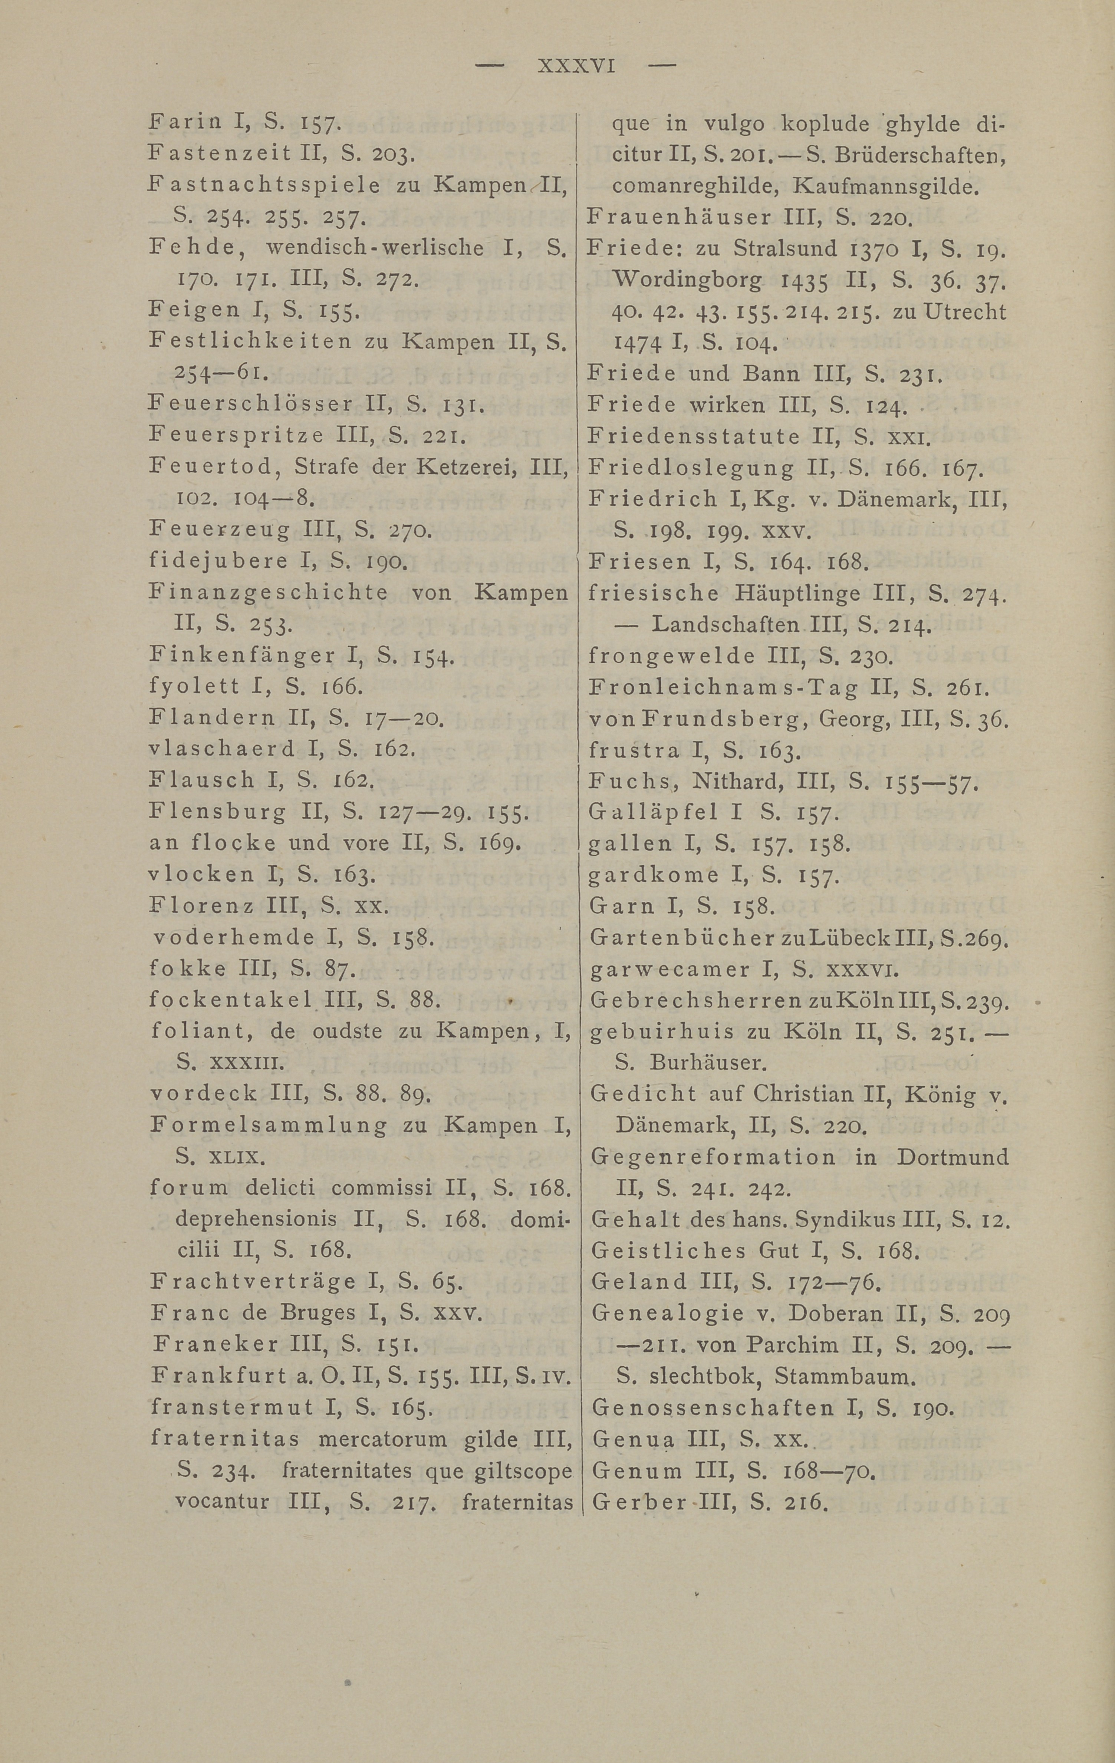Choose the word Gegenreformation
[712, 1157]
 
